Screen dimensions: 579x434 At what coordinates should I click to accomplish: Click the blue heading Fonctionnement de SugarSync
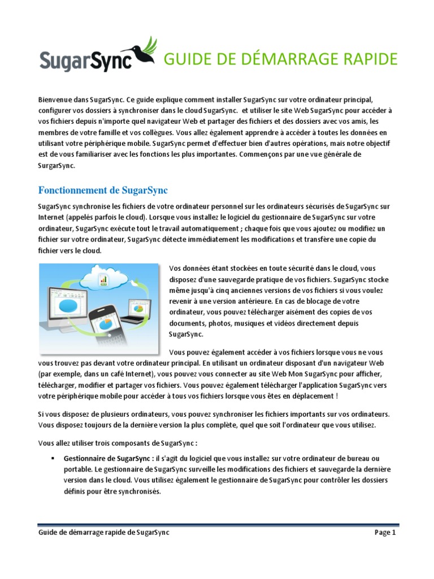(x=103, y=188)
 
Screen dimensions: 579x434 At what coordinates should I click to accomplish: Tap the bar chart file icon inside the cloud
(x=104, y=278)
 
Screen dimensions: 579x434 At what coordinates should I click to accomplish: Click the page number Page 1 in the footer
(x=385, y=533)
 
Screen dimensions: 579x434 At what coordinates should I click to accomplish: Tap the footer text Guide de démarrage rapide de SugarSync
(x=103, y=533)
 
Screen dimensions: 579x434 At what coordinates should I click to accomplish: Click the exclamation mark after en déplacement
(x=337, y=396)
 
